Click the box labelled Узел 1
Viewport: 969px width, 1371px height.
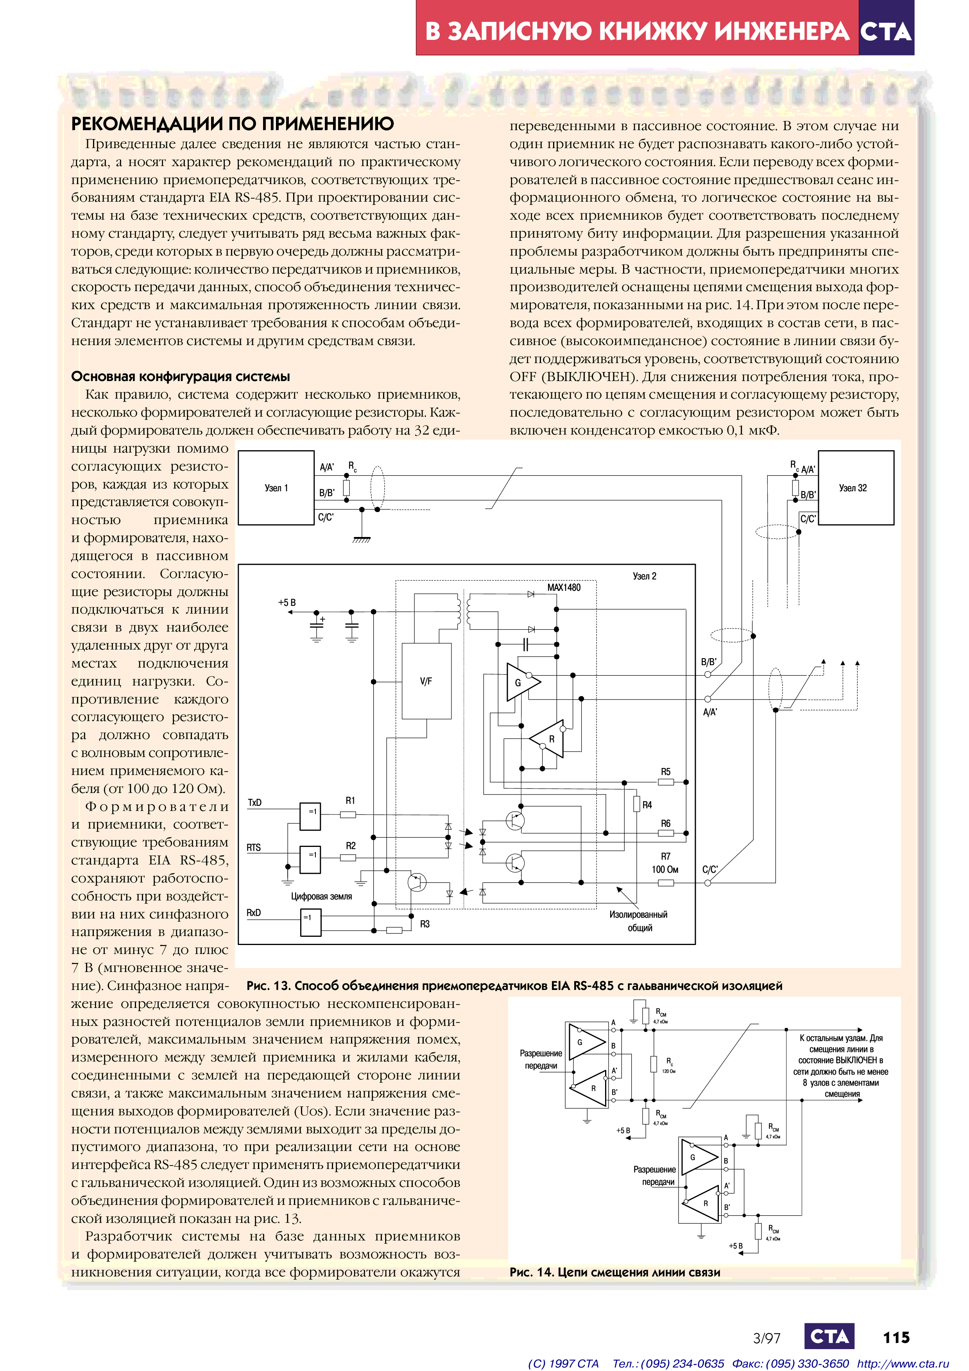(x=276, y=488)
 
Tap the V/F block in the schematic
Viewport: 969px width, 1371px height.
(x=426, y=681)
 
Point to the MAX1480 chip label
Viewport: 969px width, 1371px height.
(x=564, y=587)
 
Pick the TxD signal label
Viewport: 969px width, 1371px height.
(x=255, y=802)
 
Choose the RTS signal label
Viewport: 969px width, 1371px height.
(x=254, y=847)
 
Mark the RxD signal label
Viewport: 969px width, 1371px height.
(x=254, y=913)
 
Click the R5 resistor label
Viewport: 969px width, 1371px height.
(x=666, y=771)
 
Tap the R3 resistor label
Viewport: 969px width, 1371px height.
(x=424, y=924)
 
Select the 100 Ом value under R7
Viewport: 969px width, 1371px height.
(x=665, y=870)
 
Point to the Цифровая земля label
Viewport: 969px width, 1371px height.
(x=321, y=896)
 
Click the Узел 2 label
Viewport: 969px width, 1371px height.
(x=644, y=576)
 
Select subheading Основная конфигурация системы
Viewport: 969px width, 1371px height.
(x=180, y=376)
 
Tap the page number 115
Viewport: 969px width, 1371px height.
(x=896, y=1337)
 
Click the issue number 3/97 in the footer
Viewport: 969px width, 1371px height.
(x=767, y=1338)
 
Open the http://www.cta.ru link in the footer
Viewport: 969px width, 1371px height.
(x=903, y=1363)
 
